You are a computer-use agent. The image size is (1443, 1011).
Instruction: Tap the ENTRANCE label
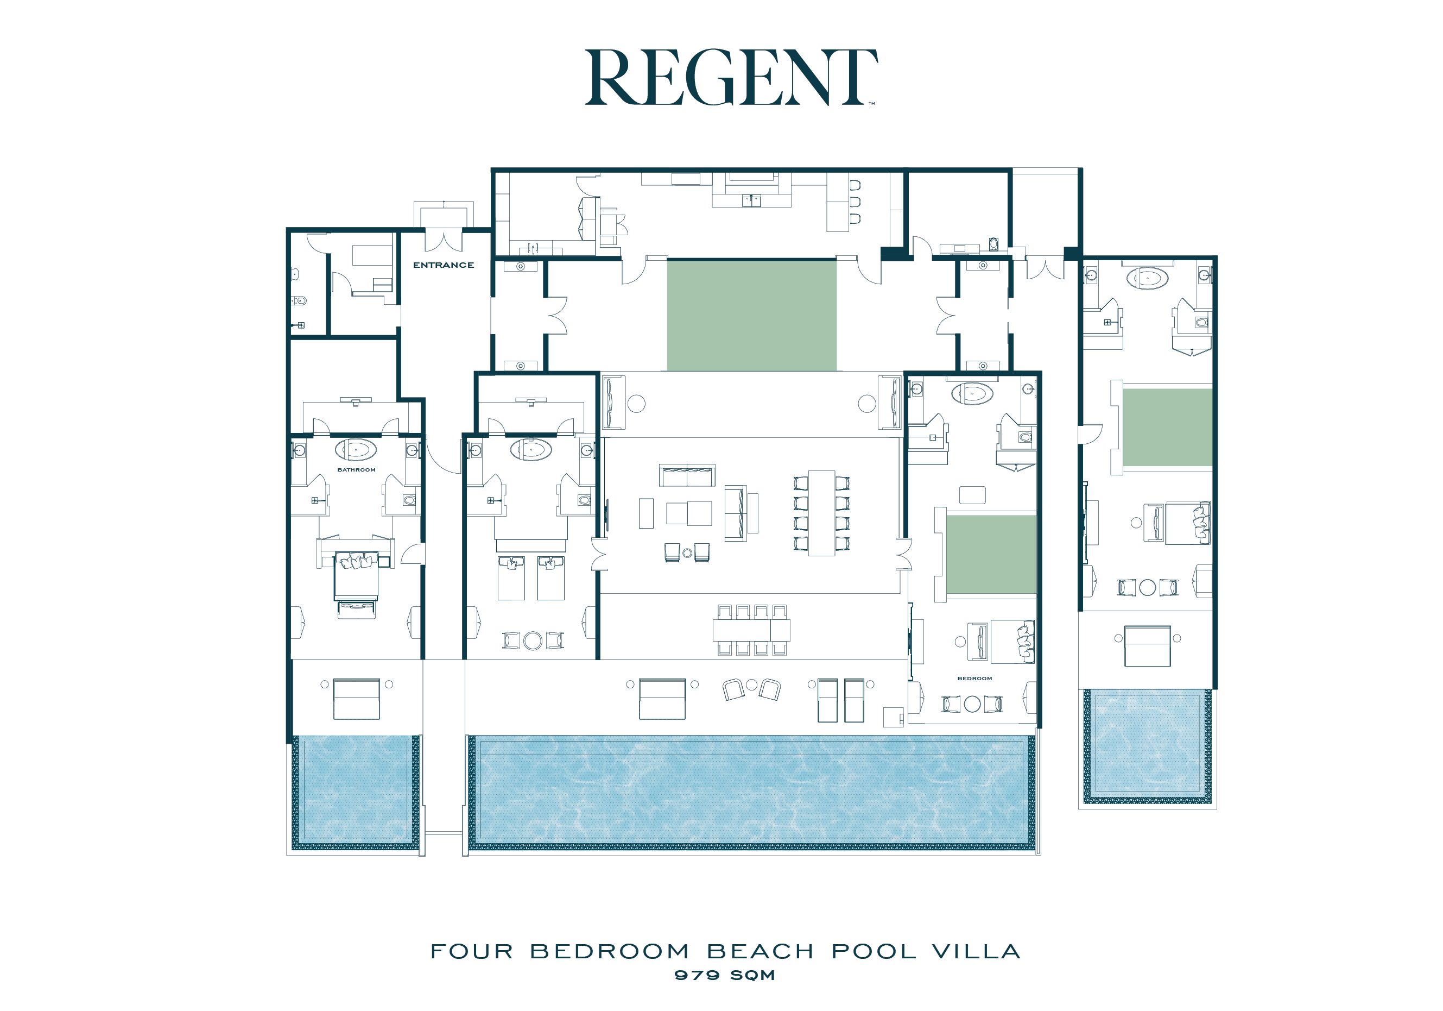click(443, 265)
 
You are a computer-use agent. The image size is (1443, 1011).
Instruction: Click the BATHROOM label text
click(356, 470)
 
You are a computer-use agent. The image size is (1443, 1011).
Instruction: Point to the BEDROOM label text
click(975, 679)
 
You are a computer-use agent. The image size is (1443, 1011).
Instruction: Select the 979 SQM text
click(725, 975)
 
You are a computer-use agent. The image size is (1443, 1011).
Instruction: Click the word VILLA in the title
click(976, 951)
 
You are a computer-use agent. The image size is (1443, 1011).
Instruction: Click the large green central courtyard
click(752, 316)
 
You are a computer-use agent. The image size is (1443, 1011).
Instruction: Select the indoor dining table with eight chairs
click(821, 513)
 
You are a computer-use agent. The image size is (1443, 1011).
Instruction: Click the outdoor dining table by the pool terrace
click(752, 630)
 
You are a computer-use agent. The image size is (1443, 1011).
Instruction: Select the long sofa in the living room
click(687, 475)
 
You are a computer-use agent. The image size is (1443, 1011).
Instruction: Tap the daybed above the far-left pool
click(356, 699)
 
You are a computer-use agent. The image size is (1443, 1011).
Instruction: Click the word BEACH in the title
click(760, 951)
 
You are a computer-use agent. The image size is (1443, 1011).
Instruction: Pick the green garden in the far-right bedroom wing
click(1167, 428)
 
